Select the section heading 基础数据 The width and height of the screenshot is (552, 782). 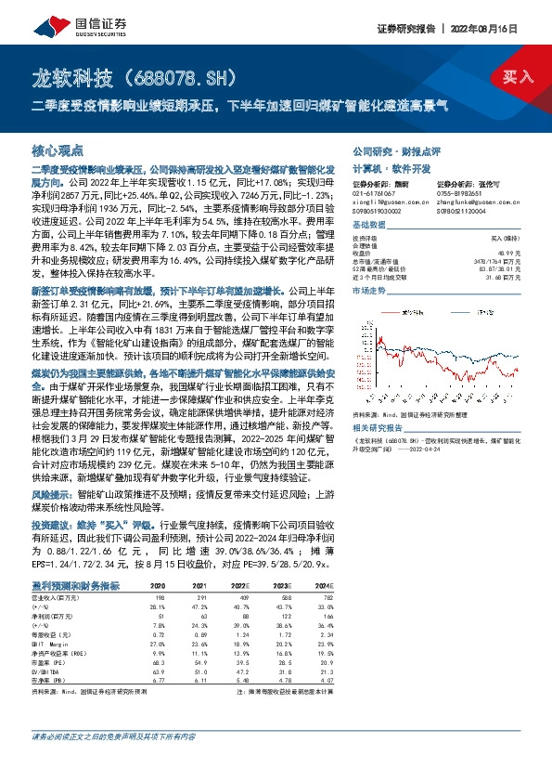pyautogui.click(x=368, y=226)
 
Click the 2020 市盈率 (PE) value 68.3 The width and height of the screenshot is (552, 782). pyautogui.click(x=158, y=663)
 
